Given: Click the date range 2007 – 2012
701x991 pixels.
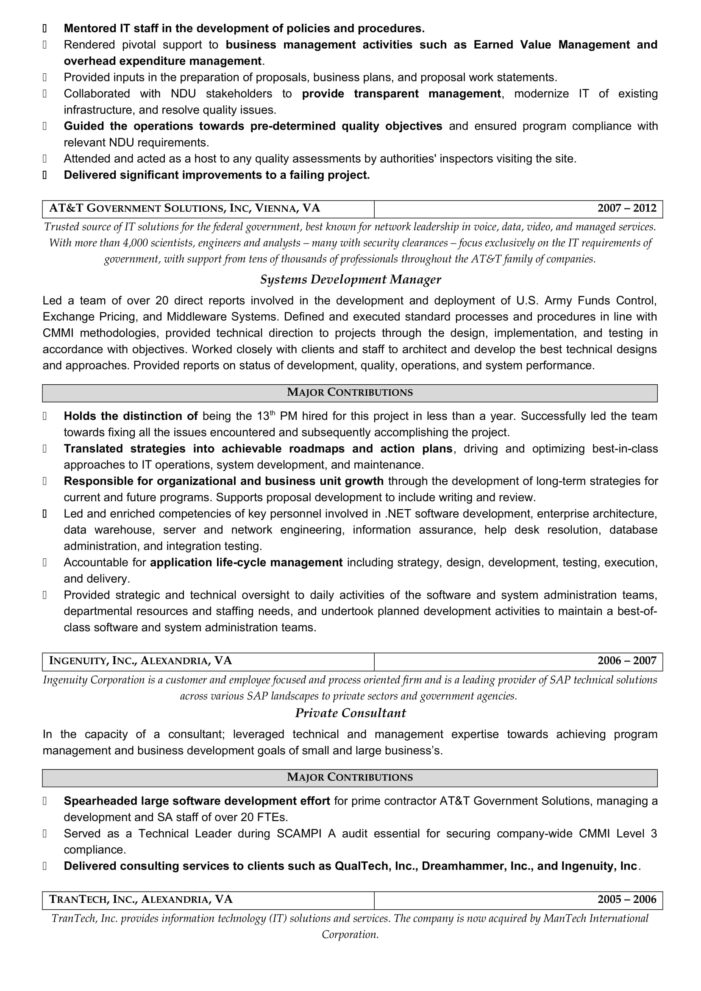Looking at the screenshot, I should click(x=626, y=208).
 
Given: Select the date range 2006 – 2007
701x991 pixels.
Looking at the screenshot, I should click(x=626, y=661).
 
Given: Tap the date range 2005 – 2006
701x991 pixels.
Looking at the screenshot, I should click(x=626, y=899).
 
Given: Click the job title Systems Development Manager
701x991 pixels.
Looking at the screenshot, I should click(x=350, y=280).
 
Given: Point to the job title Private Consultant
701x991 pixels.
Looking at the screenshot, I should click(x=350, y=713).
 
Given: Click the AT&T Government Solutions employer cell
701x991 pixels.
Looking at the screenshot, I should click(x=185, y=208).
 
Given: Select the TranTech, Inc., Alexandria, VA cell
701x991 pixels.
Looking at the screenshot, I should click(x=141, y=899).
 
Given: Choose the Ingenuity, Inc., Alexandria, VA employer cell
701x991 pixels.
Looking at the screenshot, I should click(x=141, y=661).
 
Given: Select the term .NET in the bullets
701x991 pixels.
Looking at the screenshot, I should click(x=398, y=514).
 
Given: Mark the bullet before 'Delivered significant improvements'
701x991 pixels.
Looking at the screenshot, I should click(x=45, y=175).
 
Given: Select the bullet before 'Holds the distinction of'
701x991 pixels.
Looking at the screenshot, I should click(x=45, y=416).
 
